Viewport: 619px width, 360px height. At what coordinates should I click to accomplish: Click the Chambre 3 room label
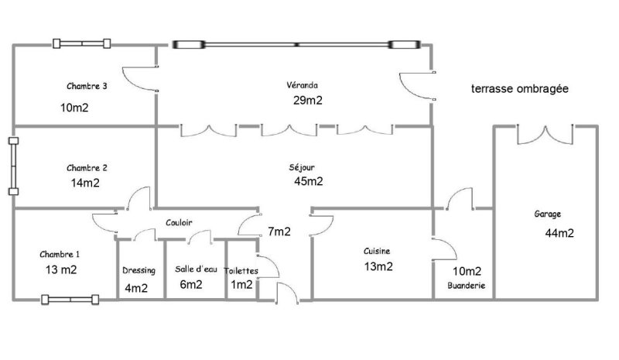coord(87,86)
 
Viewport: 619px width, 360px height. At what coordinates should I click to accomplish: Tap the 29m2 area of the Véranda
coord(307,101)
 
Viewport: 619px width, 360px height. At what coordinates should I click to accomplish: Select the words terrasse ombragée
coord(519,88)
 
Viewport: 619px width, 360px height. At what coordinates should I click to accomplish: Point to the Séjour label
coord(302,167)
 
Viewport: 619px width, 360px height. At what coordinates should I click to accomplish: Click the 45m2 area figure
coord(308,181)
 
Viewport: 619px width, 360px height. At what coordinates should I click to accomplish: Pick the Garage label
coord(547,214)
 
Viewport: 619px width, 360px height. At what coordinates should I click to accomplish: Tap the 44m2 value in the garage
coord(559,233)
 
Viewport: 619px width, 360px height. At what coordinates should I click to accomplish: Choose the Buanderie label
coord(467,286)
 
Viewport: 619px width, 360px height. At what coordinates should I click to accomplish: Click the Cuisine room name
coord(377,251)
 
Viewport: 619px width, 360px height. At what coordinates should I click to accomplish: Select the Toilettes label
coord(241,271)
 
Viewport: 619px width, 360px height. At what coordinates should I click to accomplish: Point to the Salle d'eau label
coord(196,269)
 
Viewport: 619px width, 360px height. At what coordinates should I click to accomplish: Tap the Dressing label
coord(139,271)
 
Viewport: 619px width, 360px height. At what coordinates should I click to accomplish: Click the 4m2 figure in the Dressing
coord(136,288)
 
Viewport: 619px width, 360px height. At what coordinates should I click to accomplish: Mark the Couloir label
coord(179,222)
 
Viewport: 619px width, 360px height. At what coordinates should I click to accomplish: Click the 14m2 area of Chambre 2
coord(85,183)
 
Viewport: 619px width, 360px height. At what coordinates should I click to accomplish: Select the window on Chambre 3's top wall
coord(82,43)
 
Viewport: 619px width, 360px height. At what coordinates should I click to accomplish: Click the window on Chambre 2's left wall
coord(13,166)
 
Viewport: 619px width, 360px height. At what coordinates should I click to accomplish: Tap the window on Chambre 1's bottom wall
coord(70,300)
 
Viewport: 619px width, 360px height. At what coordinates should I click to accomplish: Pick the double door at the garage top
coord(545,135)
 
